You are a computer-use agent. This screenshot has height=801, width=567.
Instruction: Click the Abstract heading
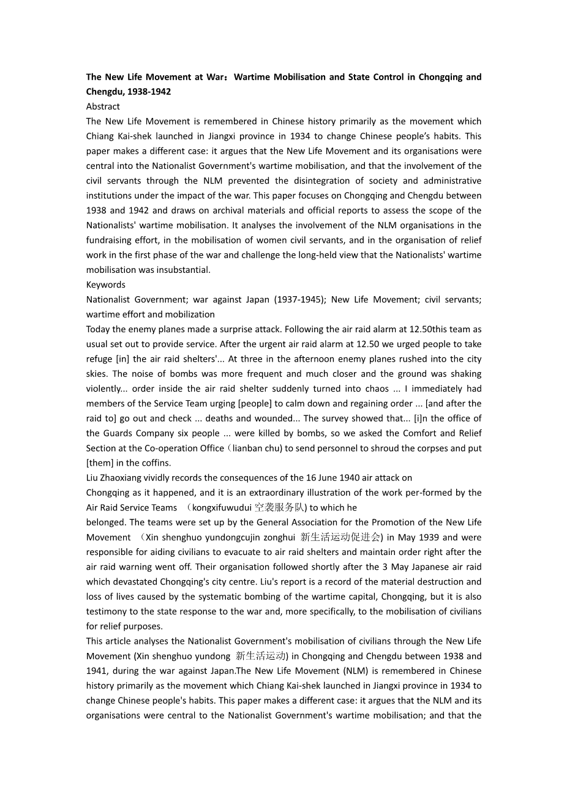tap(103, 106)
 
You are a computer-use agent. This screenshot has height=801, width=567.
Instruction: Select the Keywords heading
tap(105, 285)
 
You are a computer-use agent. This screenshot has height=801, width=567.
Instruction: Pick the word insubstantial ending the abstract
tap(181, 270)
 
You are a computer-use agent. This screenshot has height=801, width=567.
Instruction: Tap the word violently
tap(103, 389)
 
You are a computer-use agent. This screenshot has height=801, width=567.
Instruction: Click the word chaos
tap(377, 389)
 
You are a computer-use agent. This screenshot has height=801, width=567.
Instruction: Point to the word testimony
tap(107, 611)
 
